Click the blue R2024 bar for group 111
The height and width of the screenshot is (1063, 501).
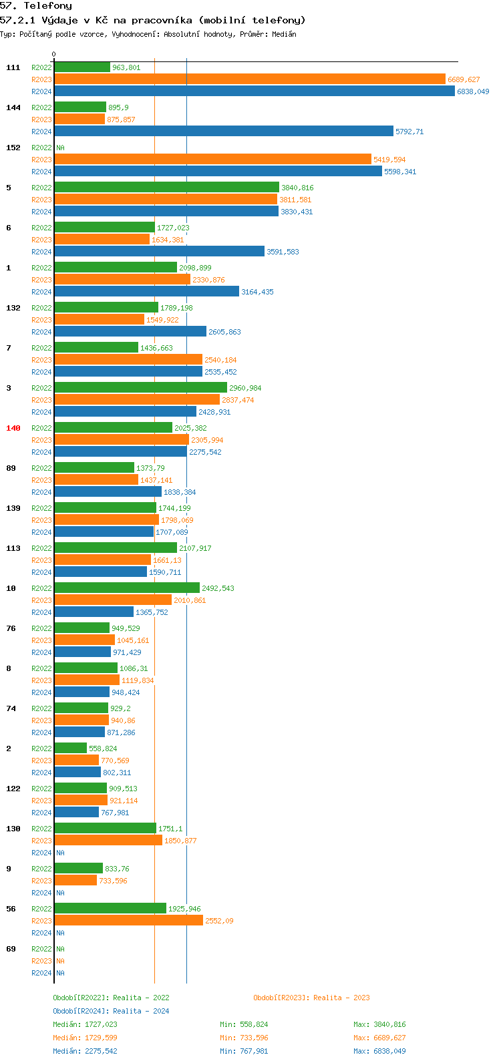point(254,91)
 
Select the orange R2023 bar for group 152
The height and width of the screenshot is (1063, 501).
point(212,160)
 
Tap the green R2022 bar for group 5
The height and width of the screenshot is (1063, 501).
point(166,188)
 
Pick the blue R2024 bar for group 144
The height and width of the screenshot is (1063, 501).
point(224,132)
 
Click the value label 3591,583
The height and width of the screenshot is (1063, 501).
point(283,252)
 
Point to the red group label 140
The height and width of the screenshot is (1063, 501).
point(13,428)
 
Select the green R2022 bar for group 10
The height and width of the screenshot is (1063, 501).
point(127,588)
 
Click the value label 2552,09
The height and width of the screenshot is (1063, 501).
point(219,921)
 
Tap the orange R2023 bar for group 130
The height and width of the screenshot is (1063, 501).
point(108,841)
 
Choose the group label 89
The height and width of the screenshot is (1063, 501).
point(11,468)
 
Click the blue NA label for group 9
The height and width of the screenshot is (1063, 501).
point(60,893)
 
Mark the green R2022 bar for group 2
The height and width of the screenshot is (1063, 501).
point(71,749)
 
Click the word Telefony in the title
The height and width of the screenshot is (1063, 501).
point(47,6)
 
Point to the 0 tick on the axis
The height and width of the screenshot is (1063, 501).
point(54,55)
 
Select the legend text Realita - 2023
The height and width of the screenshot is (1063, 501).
point(342,998)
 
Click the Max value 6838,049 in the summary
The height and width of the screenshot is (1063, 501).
point(390,1051)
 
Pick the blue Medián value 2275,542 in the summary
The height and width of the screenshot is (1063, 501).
point(101,1051)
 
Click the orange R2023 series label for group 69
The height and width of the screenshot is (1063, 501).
point(41,961)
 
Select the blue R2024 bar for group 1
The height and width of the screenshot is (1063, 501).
point(146,292)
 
